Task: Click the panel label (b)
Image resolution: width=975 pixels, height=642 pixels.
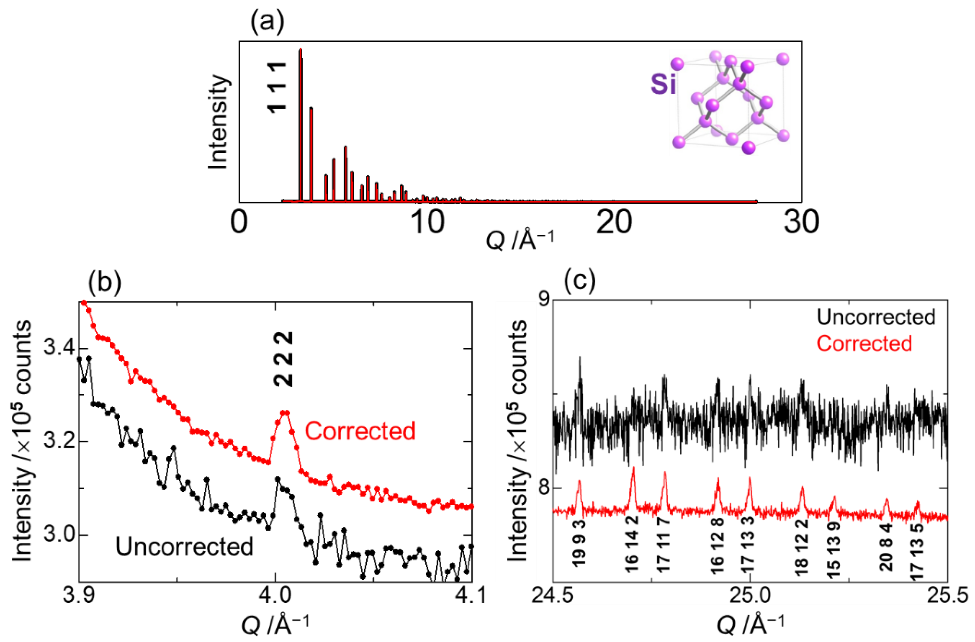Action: tap(104, 282)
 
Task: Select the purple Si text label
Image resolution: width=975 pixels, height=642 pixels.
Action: tap(663, 85)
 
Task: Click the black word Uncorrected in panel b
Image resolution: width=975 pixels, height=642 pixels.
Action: tap(184, 547)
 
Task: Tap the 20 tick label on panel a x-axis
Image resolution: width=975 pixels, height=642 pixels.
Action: tap(614, 223)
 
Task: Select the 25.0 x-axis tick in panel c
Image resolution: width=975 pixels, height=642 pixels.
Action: tap(750, 596)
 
